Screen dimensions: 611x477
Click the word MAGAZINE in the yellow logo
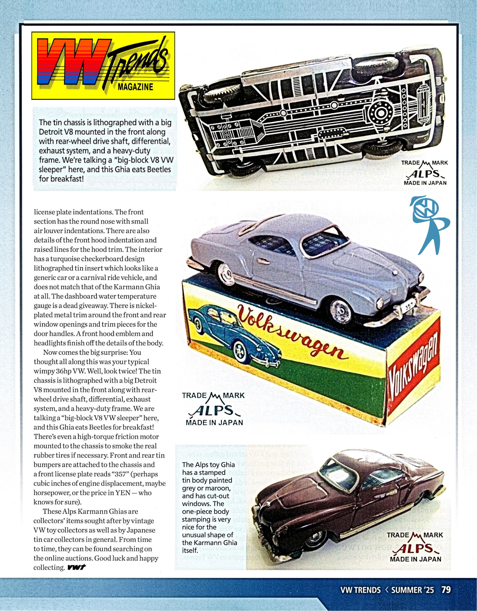pyautogui.click(x=135, y=87)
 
